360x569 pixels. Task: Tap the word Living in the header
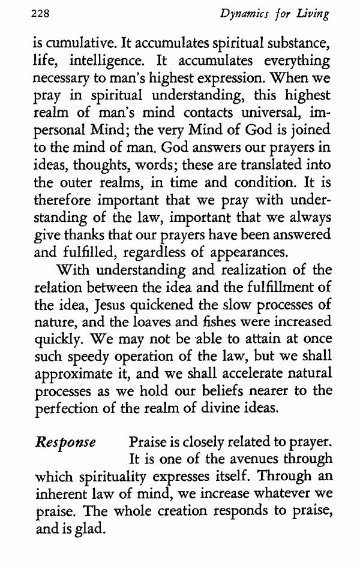coord(313,15)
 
